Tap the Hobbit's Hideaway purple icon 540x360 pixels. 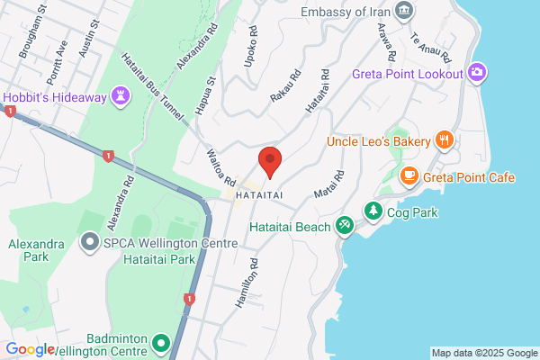(121, 96)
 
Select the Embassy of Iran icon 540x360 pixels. (405, 12)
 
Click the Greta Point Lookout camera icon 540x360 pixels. (478, 73)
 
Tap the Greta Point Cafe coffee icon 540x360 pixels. (409, 176)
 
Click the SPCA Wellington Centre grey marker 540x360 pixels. (89, 242)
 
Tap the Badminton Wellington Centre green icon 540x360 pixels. (161, 343)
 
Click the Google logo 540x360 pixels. (30, 349)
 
